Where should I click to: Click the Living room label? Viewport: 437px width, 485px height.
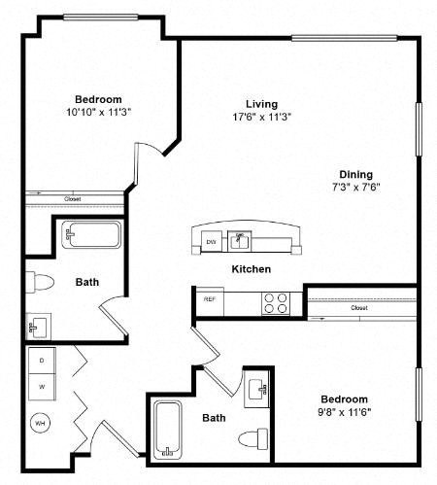click(262, 104)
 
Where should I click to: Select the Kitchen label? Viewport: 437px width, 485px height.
click(251, 268)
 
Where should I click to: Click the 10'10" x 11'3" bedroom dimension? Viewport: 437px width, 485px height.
click(99, 113)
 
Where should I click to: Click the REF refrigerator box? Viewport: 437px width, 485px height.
click(209, 299)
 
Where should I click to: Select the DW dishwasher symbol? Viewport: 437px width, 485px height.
click(211, 241)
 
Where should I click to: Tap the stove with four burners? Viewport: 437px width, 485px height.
click(275, 301)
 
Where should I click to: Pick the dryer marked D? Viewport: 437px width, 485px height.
click(42, 360)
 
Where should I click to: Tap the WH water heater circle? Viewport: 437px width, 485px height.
click(41, 423)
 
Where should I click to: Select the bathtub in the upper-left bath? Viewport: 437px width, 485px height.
click(90, 236)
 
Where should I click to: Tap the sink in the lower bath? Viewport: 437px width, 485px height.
click(258, 391)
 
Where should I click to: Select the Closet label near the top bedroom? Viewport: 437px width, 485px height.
click(73, 199)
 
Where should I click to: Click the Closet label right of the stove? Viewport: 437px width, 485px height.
click(358, 308)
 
